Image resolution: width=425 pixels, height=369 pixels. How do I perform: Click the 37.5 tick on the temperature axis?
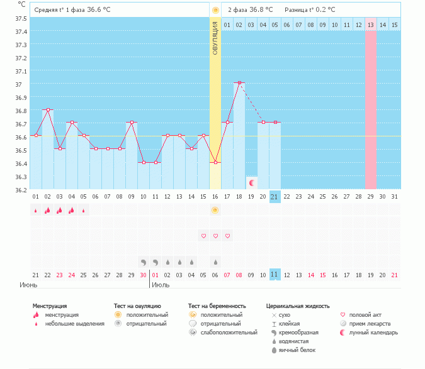tap(20, 18)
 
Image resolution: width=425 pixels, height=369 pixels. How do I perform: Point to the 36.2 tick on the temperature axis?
tap(20, 190)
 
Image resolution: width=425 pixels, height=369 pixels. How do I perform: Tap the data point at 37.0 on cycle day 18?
tap(239, 83)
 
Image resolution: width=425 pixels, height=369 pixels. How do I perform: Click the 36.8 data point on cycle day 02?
tap(48, 109)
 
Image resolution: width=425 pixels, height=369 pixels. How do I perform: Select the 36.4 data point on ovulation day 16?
tap(215, 162)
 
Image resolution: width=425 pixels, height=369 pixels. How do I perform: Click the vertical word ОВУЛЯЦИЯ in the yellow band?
tap(215, 38)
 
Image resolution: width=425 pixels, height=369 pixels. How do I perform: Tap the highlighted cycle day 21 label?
tap(275, 197)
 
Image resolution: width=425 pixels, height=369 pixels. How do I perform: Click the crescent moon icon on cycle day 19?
tap(252, 183)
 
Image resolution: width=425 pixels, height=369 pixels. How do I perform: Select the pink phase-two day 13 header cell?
tap(370, 25)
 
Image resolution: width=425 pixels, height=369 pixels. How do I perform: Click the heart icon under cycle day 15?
tap(203, 236)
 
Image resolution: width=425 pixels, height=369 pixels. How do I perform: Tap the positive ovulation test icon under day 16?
tap(215, 211)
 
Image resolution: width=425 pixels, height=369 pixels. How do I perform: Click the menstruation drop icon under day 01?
tap(36, 211)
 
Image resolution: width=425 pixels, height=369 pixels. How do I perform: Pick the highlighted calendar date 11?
tap(275, 275)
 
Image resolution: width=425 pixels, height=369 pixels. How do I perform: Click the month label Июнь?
tap(29, 285)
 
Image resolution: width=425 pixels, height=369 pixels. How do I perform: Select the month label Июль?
tap(161, 285)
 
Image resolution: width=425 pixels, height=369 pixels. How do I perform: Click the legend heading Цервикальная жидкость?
tap(298, 306)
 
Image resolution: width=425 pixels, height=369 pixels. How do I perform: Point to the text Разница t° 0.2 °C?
tap(310, 10)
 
